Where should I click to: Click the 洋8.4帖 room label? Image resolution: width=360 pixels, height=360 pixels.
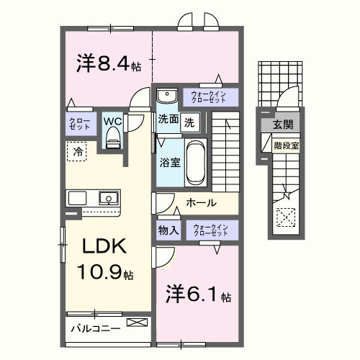(108, 64)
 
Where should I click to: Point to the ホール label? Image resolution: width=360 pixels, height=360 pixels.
(201, 203)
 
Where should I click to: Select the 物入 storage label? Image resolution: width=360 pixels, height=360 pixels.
(169, 230)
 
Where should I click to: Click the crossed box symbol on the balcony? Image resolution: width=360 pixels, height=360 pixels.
(135, 323)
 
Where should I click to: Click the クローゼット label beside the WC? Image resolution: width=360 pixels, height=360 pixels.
(78, 122)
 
